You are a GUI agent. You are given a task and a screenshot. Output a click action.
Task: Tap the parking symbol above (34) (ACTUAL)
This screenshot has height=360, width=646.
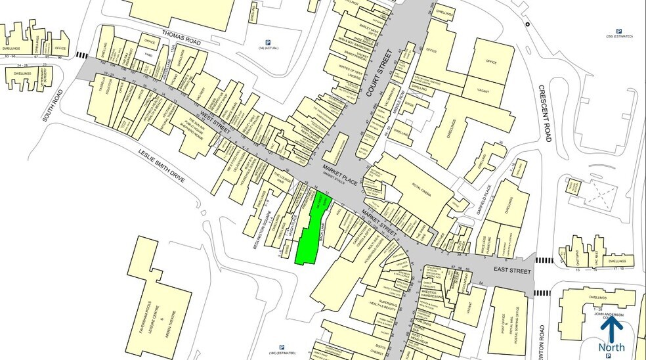pyautogui.click(x=268, y=43)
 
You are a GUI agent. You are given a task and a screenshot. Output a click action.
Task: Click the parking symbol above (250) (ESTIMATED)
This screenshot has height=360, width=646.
pyautogui.click(x=618, y=30)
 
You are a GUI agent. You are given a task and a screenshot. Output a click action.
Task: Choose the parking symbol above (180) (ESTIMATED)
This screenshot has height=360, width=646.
pyautogui.click(x=282, y=348)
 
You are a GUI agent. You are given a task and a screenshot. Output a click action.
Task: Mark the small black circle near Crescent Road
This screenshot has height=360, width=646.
pyautogui.click(x=527, y=23)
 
